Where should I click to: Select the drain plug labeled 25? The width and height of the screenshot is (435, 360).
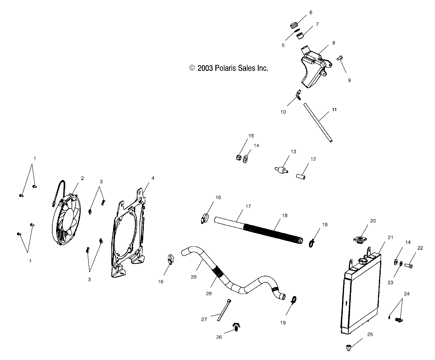click(349, 347)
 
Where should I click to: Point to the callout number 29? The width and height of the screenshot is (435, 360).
click(194, 277)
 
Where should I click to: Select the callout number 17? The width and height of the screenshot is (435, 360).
click(248, 206)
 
